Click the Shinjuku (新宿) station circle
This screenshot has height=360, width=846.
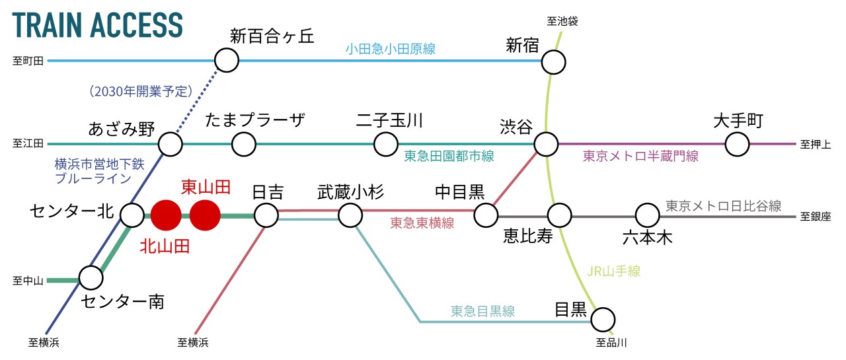(x=554, y=63)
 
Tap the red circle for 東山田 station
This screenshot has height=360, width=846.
(x=205, y=215)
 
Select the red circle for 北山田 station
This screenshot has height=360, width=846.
(x=166, y=215)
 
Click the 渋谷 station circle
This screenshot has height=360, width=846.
(x=546, y=144)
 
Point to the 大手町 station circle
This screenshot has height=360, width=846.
(x=737, y=144)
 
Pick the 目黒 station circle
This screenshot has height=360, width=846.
(x=603, y=320)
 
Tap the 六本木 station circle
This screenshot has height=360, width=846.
(x=648, y=215)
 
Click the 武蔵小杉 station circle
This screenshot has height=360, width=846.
(x=350, y=215)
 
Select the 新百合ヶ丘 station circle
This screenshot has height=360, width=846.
(x=226, y=61)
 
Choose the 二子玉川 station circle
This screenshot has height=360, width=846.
(x=386, y=144)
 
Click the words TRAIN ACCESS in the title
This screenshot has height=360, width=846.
(x=97, y=25)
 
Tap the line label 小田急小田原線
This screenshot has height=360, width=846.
(x=390, y=48)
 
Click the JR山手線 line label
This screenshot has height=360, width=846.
(x=613, y=270)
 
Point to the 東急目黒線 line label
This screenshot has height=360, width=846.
(x=482, y=310)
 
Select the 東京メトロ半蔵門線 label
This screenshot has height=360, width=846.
(x=640, y=157)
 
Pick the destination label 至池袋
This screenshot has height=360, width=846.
(x=562, y=21)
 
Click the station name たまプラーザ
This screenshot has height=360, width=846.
(x=255, y=121)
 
